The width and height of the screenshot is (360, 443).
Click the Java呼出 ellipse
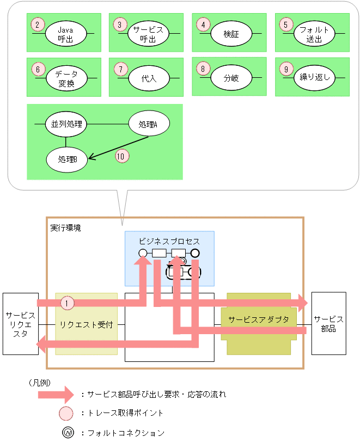point(65,34)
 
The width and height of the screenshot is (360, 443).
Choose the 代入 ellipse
point(149,78)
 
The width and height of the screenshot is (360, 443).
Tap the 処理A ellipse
point(148,125)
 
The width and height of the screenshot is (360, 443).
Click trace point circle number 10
point(123,156)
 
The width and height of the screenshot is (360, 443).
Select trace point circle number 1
point(66,302)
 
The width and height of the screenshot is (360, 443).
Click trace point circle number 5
point(285,24)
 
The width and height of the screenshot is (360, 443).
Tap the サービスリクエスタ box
point(20,324)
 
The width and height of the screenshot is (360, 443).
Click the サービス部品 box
point(328,324)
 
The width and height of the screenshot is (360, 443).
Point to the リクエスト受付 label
point(86,324)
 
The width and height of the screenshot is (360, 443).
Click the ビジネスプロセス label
point(169,241)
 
